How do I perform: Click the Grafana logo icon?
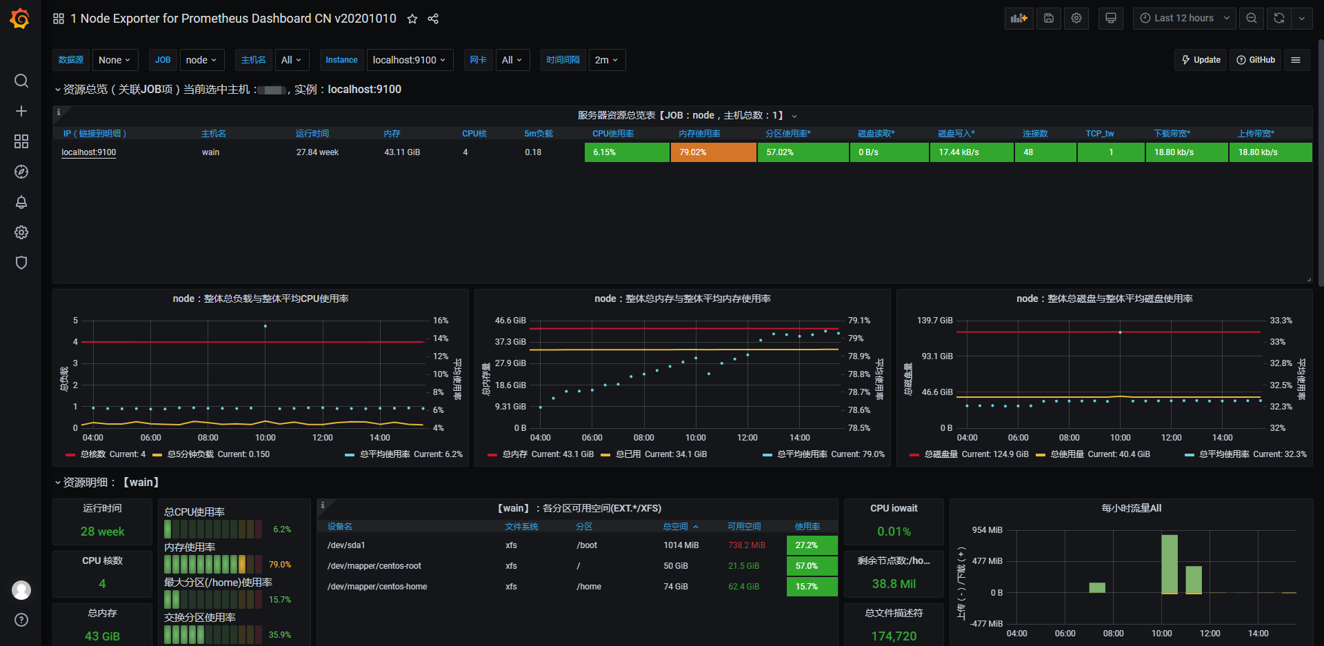[x=20, y=19]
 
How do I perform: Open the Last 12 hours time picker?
[x=1184, y=19]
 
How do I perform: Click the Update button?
[x=1201, y=60]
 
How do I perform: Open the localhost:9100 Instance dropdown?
[x=410, y=60]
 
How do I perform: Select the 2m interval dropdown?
[x=607, y=60]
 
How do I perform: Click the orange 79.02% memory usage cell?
[x=713, y=152]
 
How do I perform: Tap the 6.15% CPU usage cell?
[x=627, y=152]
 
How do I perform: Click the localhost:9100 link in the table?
[x=89, y=152]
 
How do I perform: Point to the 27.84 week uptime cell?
[x=317, y=152]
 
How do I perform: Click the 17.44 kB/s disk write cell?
[x=971, y=152]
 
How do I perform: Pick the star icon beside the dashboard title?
[x=412, y=19]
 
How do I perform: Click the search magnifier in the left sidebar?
[x=21, y=81]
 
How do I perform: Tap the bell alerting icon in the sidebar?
[x=21, y=202]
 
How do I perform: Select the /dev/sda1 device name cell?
[x=346, y=545]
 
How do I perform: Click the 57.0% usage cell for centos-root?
[x=812, y=566]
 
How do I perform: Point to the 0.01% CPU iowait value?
[x=894, y=532]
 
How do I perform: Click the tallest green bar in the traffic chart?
[x=1170, y=563]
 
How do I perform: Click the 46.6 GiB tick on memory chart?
[x=510, y=321]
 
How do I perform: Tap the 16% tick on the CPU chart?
[x=441, y=321]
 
